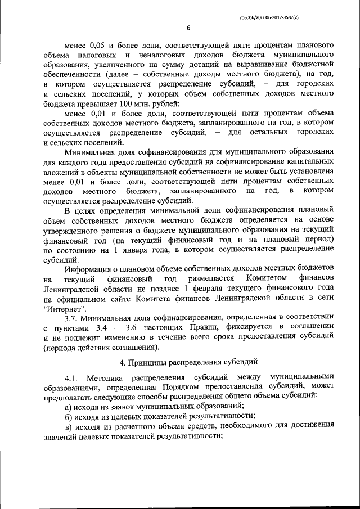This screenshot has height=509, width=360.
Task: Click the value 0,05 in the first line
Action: coord(97,45)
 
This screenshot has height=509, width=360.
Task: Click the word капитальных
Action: coord(304,161)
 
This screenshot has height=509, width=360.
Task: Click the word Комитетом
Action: coord(267,277)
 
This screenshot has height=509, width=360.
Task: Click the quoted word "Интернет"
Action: coord(64,307)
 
